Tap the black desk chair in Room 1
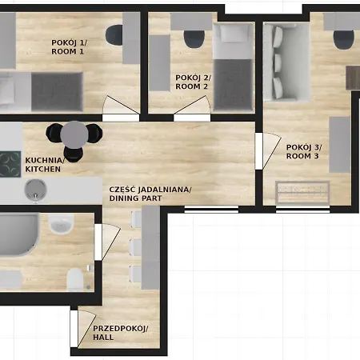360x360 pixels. (114, 35)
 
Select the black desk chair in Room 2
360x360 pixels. (193, 38)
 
